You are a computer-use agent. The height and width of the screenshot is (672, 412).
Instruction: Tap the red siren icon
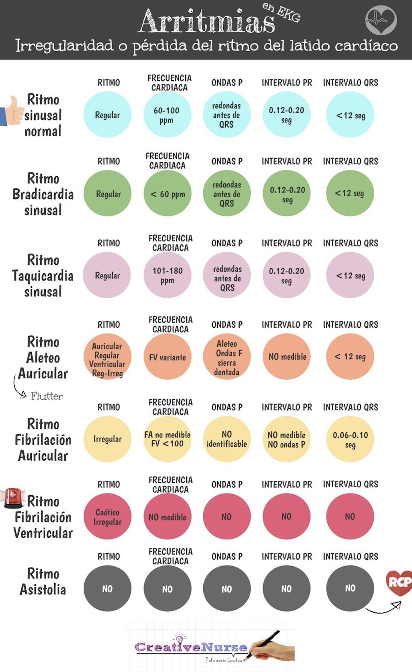(x=14, y=497)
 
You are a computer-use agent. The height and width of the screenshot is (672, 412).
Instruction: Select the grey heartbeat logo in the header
(x=381, y=20)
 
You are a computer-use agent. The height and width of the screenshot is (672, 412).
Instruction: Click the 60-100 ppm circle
(x=167, y=115)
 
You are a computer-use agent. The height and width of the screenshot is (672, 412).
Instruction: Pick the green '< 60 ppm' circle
(x=167, y=194)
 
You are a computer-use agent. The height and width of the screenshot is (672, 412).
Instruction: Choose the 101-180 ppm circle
(x=167, y=275)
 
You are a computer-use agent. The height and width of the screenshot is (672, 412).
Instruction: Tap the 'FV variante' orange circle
(x=167, y=357)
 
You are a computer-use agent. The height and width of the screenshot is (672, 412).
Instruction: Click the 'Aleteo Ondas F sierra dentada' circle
(x=227, y=357)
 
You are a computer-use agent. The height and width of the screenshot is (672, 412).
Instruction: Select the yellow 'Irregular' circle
(x=107, y=439)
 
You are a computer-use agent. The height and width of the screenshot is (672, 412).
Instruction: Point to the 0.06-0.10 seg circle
(x=350, y=439)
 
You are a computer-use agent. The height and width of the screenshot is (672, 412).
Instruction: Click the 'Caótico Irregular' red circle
(x=107, y=516)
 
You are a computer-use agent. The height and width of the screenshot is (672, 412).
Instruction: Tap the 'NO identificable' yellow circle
(x=227, y=439)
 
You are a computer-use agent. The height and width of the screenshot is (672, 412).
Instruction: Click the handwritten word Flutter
(x=47, y=396)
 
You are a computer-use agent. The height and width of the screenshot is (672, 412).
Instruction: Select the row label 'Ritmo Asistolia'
(x=43, y=581)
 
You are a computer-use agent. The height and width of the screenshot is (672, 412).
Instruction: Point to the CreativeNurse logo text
(x=191, y=647)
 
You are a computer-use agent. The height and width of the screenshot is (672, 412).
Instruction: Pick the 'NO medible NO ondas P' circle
(x=286, y=439)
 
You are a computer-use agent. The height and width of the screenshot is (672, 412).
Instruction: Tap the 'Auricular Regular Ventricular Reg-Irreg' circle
(x=107, y=357)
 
